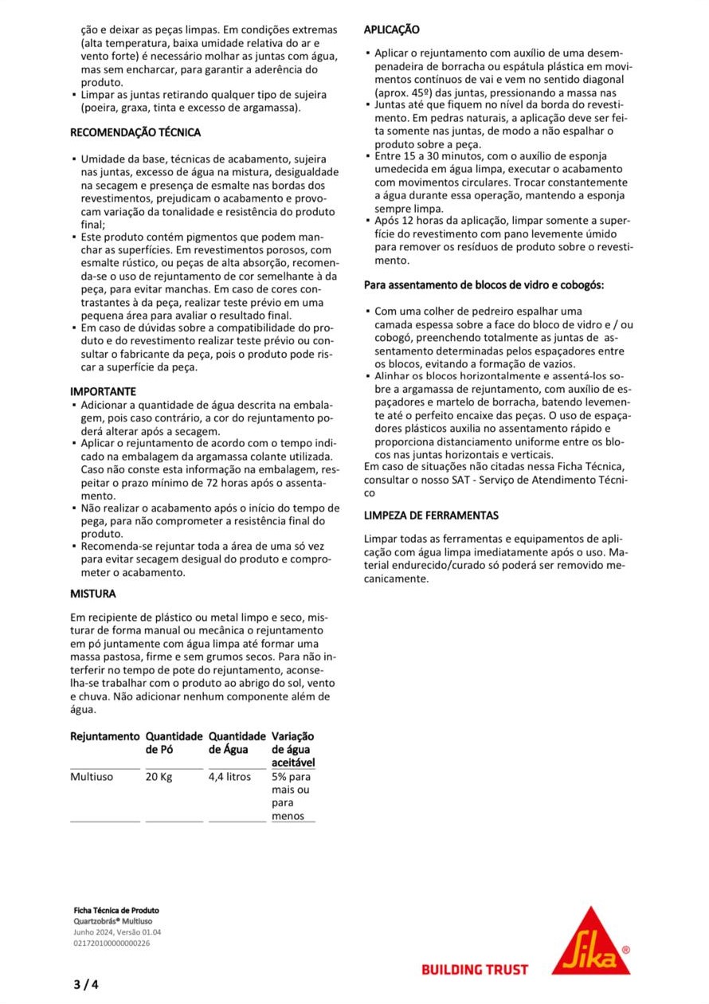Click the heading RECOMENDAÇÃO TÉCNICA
[135, 132]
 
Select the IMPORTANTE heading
[103, 391]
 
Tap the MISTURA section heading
[93, 594]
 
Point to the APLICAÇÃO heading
[392, 29]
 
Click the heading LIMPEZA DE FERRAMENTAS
[431, 516]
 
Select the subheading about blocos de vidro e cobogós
[484, 284]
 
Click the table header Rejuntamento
[104, 736]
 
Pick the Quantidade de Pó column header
[174, 743]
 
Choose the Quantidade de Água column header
[237, 743]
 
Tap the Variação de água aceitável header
[293, 750]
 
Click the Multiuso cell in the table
[92, 777]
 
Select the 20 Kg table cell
[159, 777]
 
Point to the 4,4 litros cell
[229, 777]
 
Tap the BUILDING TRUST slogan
[475, 970]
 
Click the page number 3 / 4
[86, 984]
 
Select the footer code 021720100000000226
[112, 943]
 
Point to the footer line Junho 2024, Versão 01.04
[117, 932]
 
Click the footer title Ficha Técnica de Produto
[116, 910]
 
